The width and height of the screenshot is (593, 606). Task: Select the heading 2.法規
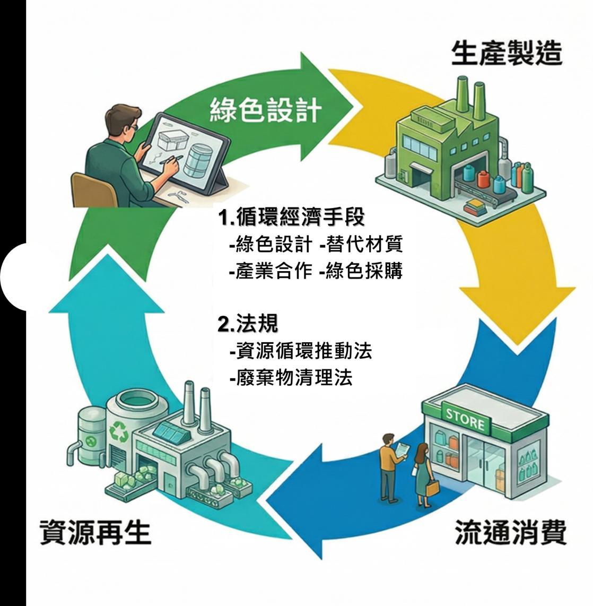(x=248, y=324)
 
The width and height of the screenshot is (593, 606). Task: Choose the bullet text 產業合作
(x=271, y=271)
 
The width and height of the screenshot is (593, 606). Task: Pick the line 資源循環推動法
(x=301, y=351)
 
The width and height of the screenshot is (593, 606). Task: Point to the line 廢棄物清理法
(x=291, y=378)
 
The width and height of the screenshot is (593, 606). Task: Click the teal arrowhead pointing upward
(x=107, y=287)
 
